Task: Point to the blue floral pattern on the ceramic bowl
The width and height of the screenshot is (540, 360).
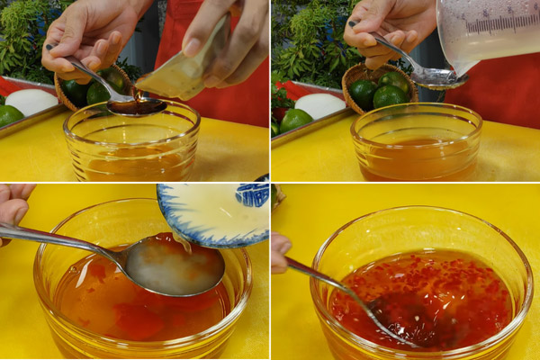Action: click(x=252, y=193)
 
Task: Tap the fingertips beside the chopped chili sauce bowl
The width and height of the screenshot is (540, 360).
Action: click(x=280, y=253)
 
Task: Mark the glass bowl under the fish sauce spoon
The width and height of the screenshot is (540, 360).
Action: click(x=131, y=144)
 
